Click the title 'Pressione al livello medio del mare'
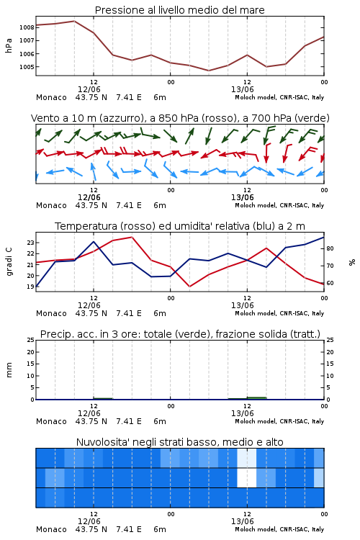click(x=179, y=10)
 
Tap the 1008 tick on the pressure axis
click(x=27, y=27)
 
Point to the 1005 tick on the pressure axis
click(x=27, y=67)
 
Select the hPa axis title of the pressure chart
click(x=9, y=45)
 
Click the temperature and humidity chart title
click(x=180, y=226)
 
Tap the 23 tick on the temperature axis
click(x=31, y=243)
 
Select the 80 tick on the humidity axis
click(x=330, y=248)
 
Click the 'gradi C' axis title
click(x=9, y=262)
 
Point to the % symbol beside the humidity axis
click(x=352, y=262)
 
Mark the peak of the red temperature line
click(x=132, y=237)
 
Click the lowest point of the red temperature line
click(x=190, y=287)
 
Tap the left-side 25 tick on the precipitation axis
click(x=31, y=340)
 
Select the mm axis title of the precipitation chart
click(x=9, y=370)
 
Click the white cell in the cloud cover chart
click(x=247, y=477)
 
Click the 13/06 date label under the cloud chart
click(x=243, y=521)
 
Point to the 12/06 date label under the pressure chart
click(x=89, y=89)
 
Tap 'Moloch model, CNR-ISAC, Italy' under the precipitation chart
click(x=279, y=421)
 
